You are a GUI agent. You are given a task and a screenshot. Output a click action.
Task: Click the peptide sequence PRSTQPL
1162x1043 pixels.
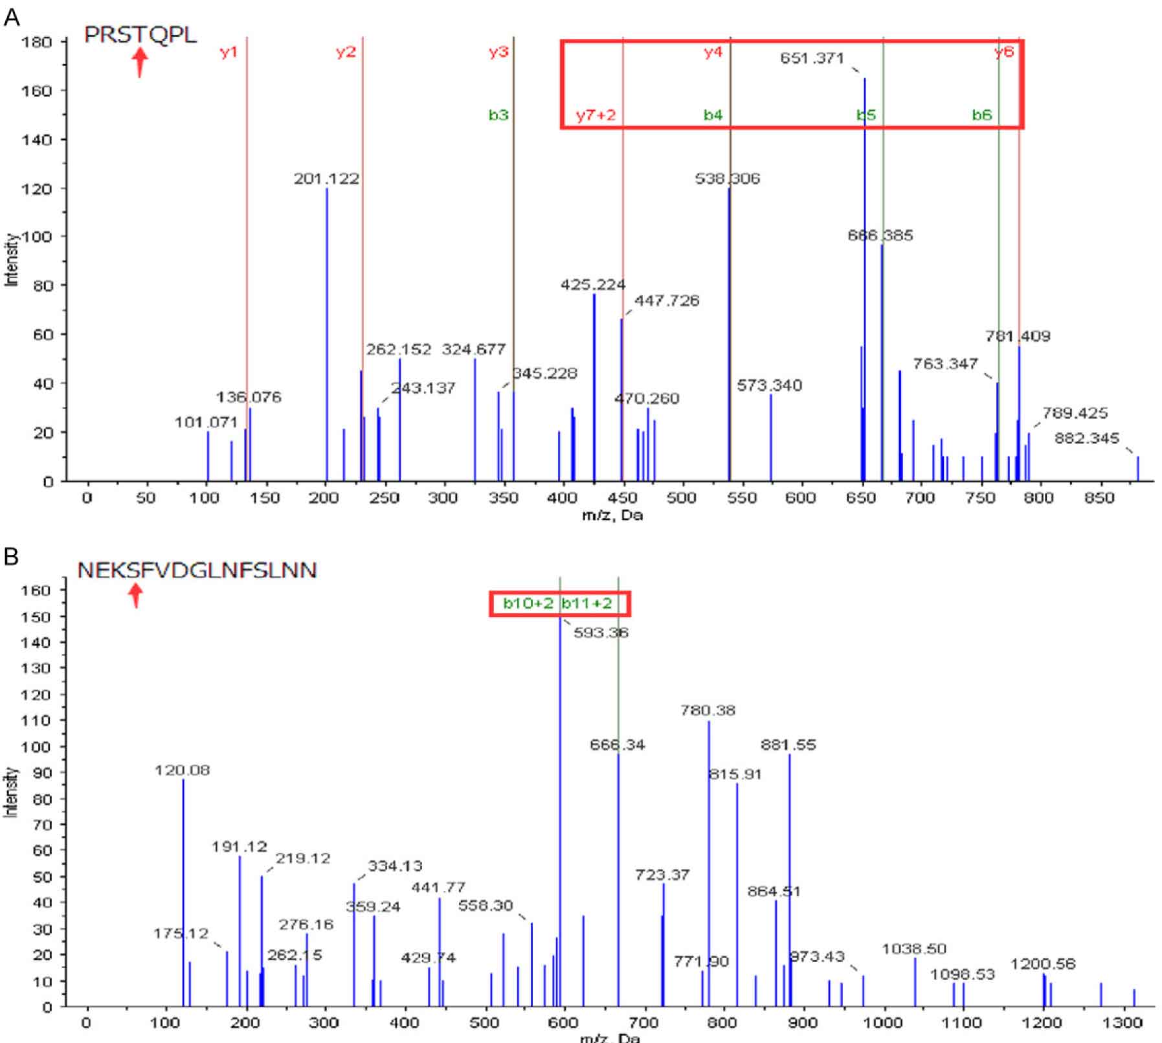coord(140,35)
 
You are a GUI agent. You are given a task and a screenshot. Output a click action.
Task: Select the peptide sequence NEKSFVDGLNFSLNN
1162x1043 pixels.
coord(197,571)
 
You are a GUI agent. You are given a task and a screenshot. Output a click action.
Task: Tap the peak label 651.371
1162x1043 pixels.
coord(812,59)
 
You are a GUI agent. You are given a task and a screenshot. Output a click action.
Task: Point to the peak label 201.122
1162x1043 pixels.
coord(326,179)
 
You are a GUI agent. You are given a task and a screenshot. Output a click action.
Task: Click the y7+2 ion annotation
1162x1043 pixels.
coord(596,116)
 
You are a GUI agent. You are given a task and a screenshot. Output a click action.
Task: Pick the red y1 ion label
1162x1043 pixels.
coord(229,52)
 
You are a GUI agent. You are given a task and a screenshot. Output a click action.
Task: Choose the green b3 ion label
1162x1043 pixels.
coord(498,116)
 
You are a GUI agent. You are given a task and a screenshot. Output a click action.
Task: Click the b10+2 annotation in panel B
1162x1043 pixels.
coord(528,604)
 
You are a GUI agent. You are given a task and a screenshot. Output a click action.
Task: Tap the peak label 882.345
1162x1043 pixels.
coord(1086,439)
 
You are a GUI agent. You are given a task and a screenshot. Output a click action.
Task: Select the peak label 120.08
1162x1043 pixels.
coord(182,770)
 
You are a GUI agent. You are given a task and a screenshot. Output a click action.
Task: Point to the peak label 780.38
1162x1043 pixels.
coord(708,711)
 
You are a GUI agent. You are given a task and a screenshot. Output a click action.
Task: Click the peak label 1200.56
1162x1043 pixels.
coord(1042,965)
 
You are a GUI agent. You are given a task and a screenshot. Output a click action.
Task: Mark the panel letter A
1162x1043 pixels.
coord(12,18)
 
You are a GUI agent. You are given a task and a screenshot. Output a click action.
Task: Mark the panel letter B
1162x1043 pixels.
coord(11,555)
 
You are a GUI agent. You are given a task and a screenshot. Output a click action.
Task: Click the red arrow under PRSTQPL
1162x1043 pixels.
coord(140,63)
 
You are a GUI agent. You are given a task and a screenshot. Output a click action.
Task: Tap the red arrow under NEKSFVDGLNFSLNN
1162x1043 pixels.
coord(135,595)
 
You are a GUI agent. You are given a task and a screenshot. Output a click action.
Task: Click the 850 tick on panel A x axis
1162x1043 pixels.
coord(1099,498)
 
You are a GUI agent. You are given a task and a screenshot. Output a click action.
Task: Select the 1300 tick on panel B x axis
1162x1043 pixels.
coord(1122,1023)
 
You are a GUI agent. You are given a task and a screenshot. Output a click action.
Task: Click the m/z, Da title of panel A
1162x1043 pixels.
coord(612,515)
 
